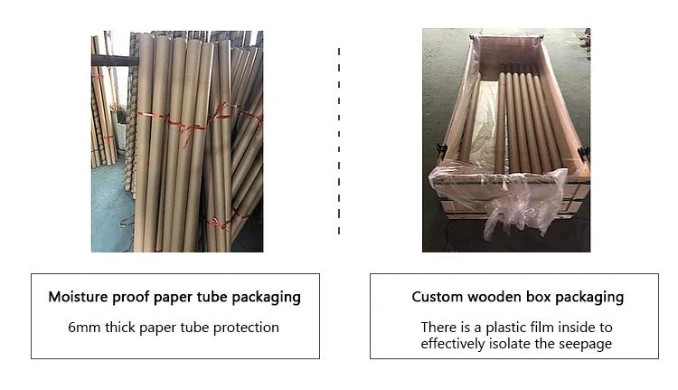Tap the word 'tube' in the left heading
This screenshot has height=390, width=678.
pos(218,297)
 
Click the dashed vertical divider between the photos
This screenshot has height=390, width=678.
pos(339,140)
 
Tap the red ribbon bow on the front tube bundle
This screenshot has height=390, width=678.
pos(184,126)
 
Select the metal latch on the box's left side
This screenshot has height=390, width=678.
pos(441,149)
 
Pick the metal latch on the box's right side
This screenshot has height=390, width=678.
pos(583,152)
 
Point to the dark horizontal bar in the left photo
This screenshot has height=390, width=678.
pos(113,61)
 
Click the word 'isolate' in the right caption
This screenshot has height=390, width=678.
pos(530,344)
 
